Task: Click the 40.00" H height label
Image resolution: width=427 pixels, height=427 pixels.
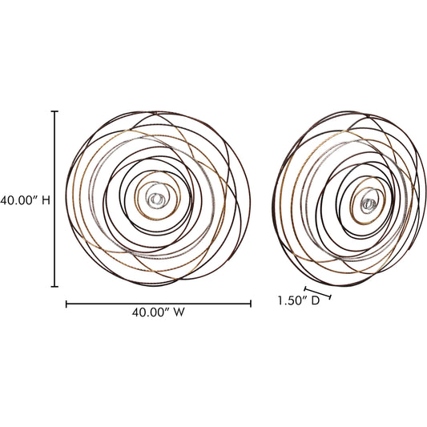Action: (x=25, y=201)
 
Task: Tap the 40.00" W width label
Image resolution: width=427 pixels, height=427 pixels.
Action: (x=158, y=312)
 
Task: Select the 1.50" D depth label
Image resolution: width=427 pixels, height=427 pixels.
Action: (x=299, y=300)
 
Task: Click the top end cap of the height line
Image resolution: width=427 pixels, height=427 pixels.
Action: (x=54, y=111)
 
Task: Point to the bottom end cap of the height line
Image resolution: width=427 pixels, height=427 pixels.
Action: (x=54, y=286)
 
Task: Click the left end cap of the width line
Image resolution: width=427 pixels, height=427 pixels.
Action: (x=66, y=304)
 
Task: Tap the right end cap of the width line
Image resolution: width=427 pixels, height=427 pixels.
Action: (x=251, y=304)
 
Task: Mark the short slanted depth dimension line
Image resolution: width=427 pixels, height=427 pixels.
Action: (x=317, y=292)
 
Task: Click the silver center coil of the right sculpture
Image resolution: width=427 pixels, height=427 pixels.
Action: (x=369, y=203)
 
